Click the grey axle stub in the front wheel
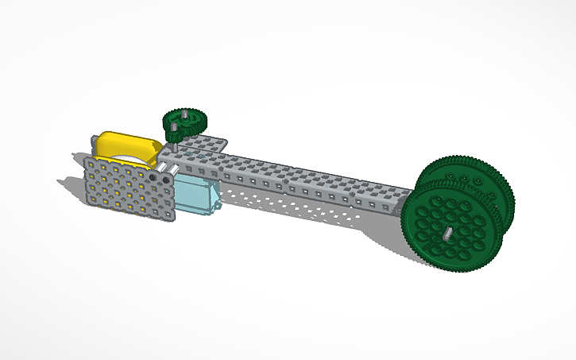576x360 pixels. (x=448, y=233)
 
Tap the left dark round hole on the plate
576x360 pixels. (x=154, y=180)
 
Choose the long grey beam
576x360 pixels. (x=302, y=180)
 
